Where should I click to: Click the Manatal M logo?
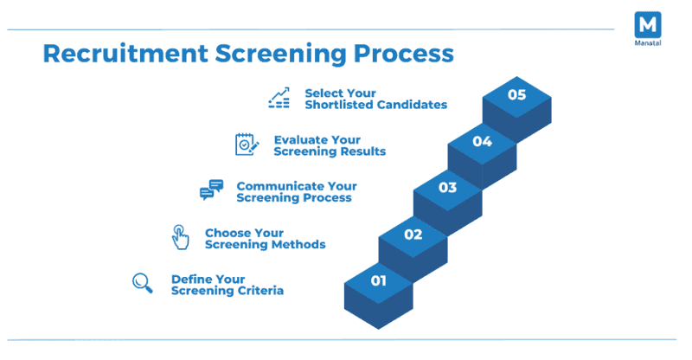[647, 23]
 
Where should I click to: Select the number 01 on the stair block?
[378, 280]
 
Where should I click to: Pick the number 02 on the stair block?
[413, 234]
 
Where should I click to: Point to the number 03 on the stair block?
[447, 187]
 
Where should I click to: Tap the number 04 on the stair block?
[482, 141]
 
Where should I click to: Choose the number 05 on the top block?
[516, 94]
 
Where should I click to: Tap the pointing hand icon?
[179, 236]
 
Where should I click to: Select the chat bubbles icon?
[211, 190]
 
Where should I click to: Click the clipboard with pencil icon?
[247, 144]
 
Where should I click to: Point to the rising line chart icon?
[279, 98]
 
